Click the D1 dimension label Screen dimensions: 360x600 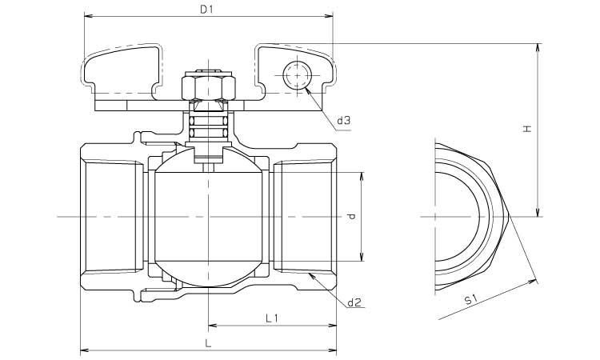pos(206,10)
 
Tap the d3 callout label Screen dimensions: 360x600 pos(344,121)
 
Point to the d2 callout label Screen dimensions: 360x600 pos(355,302)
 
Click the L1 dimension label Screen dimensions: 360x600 pos(271,318)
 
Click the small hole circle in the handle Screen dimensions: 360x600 pos(296,77)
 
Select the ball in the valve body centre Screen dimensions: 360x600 pos(207,216)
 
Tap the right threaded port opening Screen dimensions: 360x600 pos(304,216)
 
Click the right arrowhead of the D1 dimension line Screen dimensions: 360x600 pos(330,16)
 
